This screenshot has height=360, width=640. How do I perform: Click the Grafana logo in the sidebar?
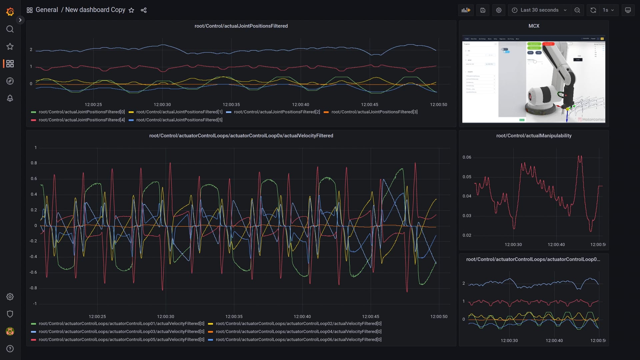click(10, 12)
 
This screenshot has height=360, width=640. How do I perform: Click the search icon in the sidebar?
click(10, 29)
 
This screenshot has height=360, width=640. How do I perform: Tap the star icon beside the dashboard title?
click(131, 10)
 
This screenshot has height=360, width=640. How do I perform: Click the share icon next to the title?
click(144, 10)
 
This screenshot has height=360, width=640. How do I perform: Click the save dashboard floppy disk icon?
click(483, 10)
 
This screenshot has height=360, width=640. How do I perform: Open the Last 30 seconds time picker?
click(539, 10)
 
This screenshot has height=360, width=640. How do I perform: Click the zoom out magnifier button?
click(577, 10)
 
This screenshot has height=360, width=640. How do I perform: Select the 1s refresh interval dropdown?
click(608, 10)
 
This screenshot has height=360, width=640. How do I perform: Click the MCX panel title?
click(534, 26)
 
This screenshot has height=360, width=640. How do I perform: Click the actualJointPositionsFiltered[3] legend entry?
click(374, 112)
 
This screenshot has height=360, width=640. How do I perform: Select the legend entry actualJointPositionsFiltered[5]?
click(179, 120)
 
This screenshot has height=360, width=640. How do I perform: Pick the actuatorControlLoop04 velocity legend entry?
click(298, 332)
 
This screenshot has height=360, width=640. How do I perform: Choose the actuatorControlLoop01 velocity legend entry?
click(121, 324)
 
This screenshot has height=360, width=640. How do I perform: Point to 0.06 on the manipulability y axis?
click(467, 157)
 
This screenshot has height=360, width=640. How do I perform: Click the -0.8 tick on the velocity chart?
click(34, 288)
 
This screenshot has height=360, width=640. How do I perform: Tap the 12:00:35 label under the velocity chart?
click(234, 317)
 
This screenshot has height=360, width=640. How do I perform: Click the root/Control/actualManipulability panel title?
click(534, 136)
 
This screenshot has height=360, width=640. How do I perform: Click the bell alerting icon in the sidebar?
click(10, 98)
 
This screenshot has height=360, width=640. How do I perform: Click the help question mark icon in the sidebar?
click(10, 349)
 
